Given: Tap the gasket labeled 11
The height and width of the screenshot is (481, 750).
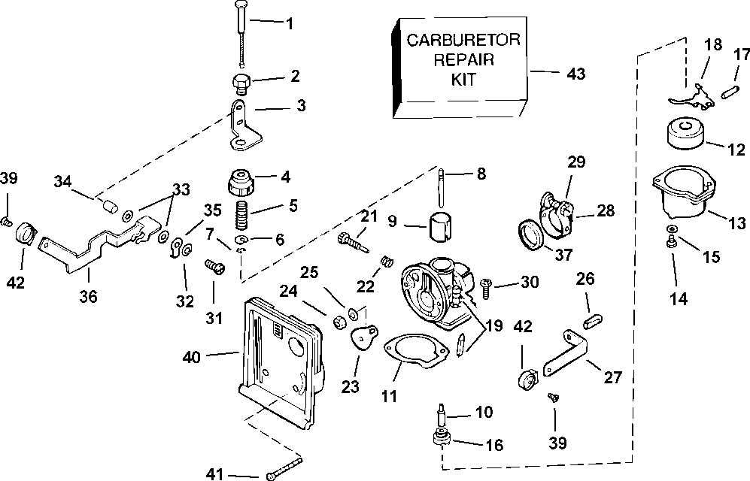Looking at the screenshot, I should [x=413, y=357].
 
